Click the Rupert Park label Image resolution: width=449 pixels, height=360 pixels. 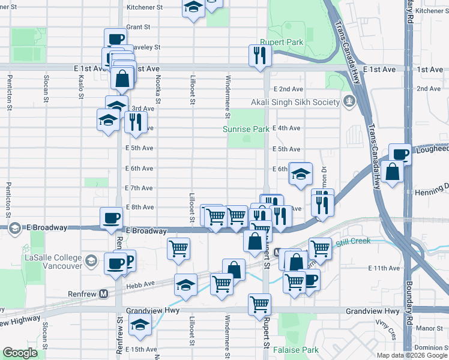tap(282, 43)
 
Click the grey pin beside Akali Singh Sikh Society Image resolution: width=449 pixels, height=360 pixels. tap(348, 101)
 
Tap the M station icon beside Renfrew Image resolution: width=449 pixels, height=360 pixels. tap(103, 294)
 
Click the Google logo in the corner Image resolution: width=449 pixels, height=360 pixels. tap(20, 353)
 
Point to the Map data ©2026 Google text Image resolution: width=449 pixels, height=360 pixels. tap(411, 355)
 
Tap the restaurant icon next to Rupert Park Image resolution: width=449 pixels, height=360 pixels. tap(261, 56)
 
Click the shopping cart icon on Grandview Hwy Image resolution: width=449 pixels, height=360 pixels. tap(259, 304)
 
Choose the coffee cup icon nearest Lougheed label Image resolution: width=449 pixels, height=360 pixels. tap(400, 154)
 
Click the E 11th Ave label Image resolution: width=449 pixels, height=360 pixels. tap(384, 268)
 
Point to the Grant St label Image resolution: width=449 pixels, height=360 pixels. tap(137, 27)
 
